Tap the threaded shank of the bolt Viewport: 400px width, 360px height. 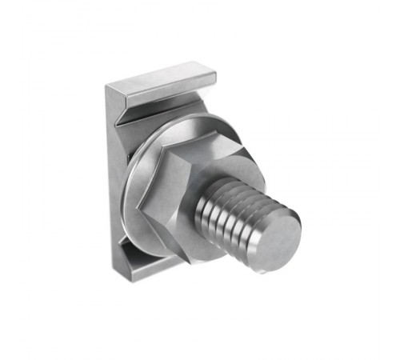pyautogui.click(x=232, y=210)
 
